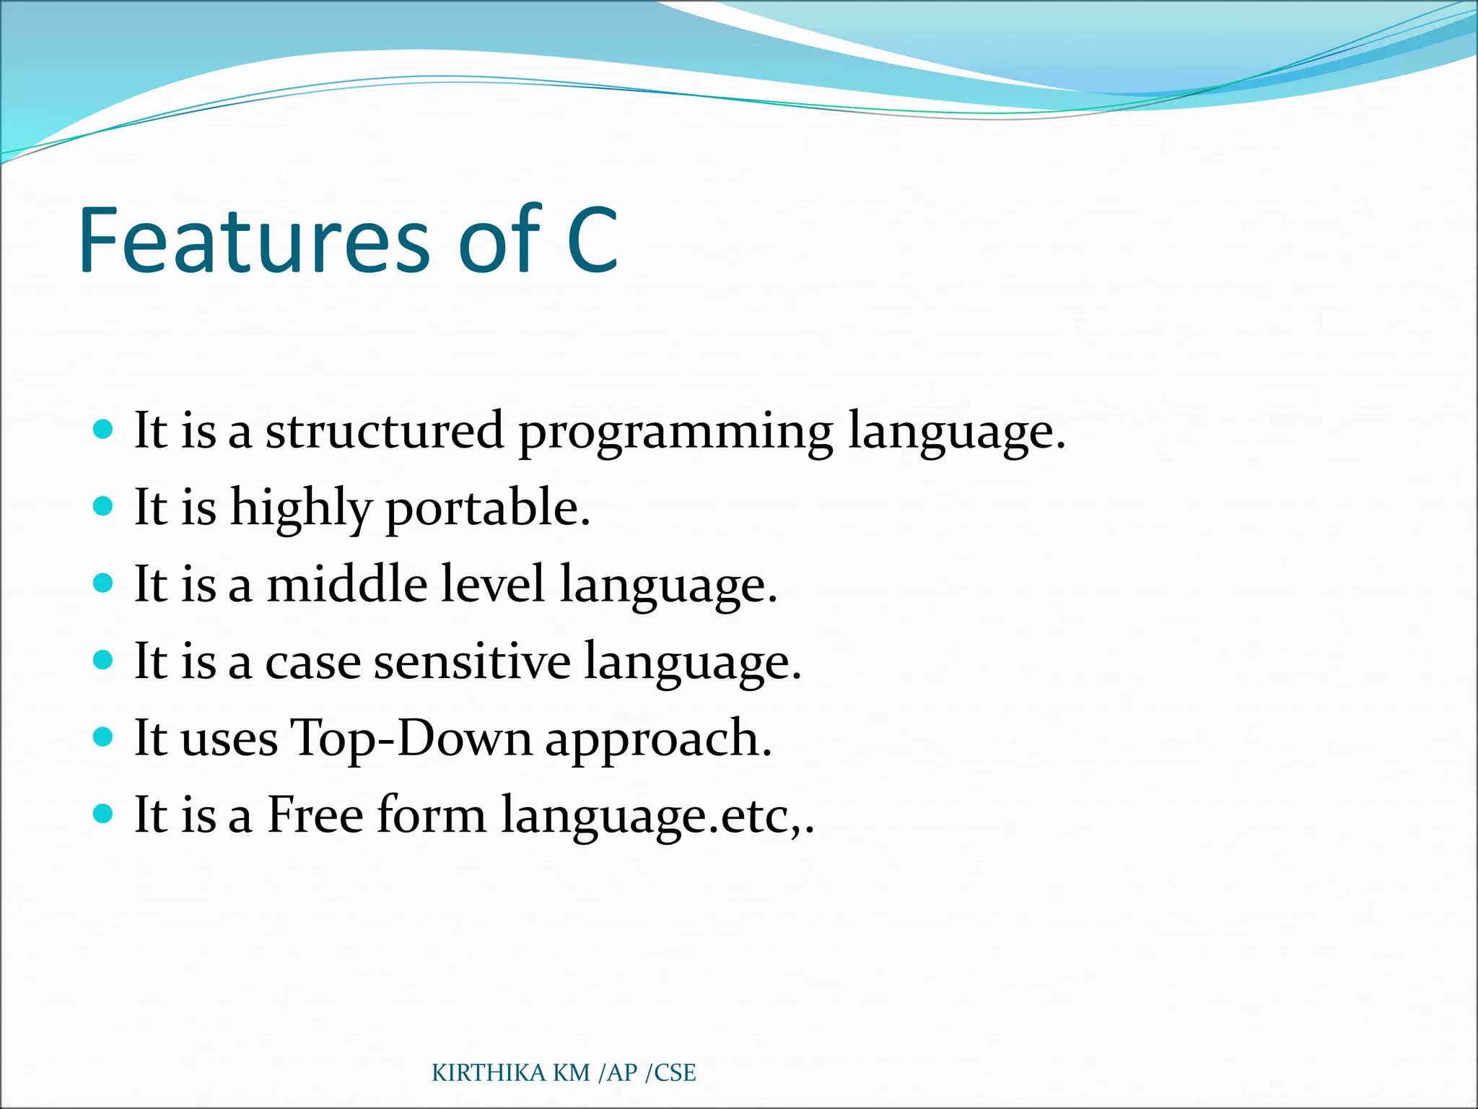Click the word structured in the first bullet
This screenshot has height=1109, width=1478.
point(384,431)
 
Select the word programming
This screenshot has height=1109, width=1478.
point(675,433)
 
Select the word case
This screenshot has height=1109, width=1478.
point(312,662)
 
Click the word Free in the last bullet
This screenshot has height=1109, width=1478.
point(315,815)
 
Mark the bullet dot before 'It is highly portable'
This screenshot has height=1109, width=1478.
point(104,505)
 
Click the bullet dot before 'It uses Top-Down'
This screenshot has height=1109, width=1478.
point(104,736)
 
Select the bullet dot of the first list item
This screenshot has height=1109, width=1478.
point(104,430)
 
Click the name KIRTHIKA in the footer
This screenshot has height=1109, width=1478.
point(489,1073)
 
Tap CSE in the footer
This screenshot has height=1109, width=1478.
point(675,1073)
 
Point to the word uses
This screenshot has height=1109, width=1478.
point(229,739)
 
